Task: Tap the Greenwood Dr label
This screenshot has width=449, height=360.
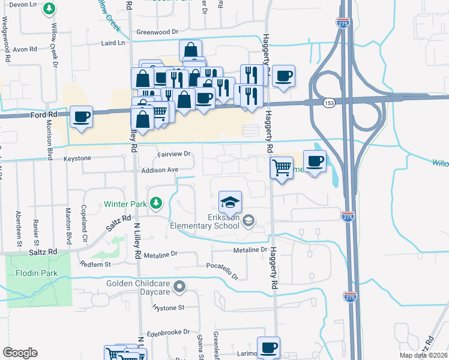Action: (x=158, y=32)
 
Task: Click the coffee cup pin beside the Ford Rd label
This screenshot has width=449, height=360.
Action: (x=81, y=116)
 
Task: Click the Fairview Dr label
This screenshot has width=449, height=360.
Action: (x=173, y=154)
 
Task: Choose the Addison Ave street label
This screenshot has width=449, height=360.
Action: (x=160, y=170)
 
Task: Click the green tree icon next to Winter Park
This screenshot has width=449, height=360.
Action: (x=156, y=204)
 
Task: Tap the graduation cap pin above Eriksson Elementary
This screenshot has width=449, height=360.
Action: (x=230, y=202)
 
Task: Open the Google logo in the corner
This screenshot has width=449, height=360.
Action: (x=20, y=353)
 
